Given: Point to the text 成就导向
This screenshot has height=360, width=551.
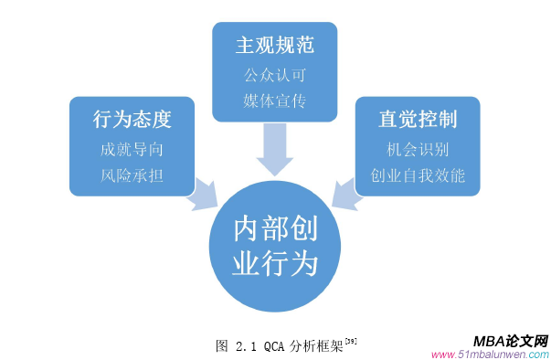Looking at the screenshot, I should coord(132,149).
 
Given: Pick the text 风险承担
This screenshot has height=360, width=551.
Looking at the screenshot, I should coord(132,175).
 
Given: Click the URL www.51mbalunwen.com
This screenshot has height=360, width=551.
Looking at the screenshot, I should coord(489,355).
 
